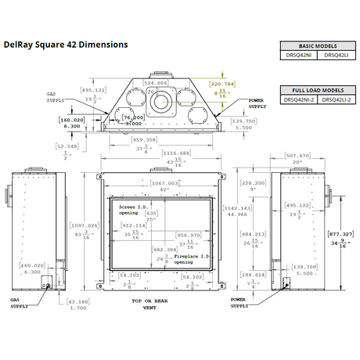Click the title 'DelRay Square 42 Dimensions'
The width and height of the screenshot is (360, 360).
(x=67, y=45)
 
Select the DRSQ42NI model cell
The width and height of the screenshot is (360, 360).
(x=297, y=54)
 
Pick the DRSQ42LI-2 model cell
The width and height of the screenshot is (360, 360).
(x=338, y=99)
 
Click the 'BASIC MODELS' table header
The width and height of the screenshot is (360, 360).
(x=318, y=45)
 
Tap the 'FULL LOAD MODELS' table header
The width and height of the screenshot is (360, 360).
(x=318, y=90)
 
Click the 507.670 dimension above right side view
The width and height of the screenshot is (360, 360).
(x=297, y=155)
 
